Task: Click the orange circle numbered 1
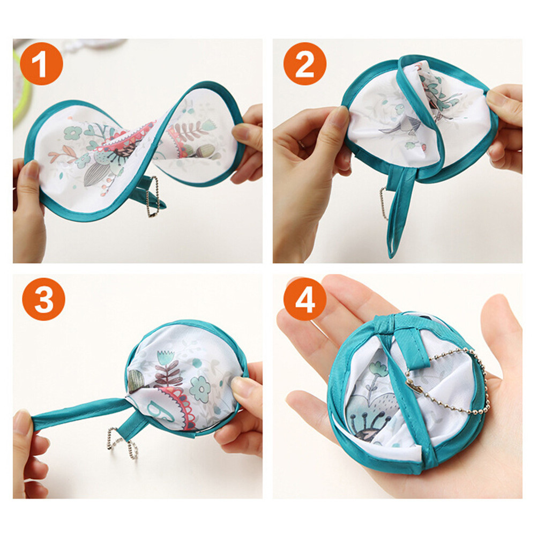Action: point(41,64)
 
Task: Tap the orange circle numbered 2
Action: point(305,64)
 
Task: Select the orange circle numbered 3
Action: point(43,299)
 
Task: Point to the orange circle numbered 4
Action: point(305,299)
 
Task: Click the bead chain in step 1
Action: point(153,197)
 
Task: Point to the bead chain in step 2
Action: point(384,203)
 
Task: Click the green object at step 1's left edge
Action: point(21,89)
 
